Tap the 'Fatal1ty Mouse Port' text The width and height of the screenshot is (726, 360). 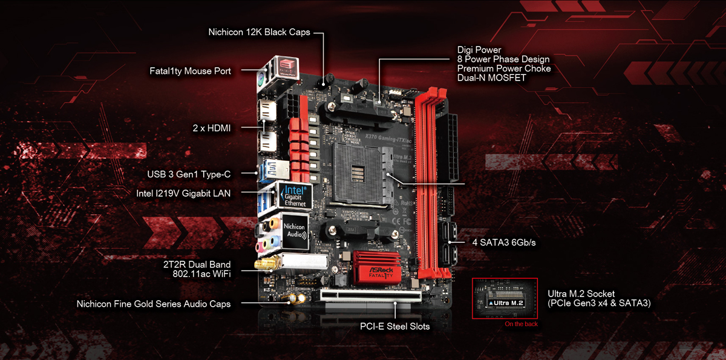(x=190, y=71)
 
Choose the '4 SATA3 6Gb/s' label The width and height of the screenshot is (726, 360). (x=504, y=243)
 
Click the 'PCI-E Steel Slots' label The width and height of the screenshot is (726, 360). (x=394, y=327)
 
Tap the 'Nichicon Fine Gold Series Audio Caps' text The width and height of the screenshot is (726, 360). (x=154, y=304)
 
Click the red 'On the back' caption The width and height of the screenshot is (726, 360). (x=520, y=324)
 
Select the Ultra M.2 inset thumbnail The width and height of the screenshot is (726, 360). (x=505, y=298)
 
